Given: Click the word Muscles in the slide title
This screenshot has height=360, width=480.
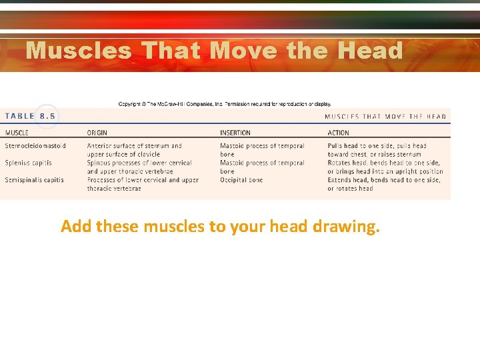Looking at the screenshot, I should (x=79, y=51).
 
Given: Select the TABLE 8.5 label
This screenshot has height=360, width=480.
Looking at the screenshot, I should (x=31, y=116).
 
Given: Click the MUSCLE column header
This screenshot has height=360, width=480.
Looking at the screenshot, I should (x=17, y=133).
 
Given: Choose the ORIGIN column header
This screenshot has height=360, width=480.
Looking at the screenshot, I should (x=97, y=133).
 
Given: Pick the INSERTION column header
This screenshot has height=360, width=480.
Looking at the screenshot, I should (x=235, y=133).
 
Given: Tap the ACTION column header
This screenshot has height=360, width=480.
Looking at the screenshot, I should (x=338, y=133).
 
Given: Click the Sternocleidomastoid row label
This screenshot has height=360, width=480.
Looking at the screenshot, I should (x=35, y=146).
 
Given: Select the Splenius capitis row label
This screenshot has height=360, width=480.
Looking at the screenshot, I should (x=28, y=163).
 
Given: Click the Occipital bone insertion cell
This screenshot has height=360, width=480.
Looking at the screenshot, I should (x=241, y=180).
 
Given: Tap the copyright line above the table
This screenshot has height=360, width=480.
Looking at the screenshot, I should (x=224, y=104).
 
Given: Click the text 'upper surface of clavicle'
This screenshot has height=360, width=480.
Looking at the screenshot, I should (x=123, y=155).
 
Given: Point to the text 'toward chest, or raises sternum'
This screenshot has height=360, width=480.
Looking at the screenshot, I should (x=374, y=155).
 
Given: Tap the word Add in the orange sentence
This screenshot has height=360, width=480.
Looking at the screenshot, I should (x=76, y=227).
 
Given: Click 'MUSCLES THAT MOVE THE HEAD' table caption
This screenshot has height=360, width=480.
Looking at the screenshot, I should (x=385, y=117).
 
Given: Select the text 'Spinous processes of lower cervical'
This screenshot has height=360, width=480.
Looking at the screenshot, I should (x=139, y=163).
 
